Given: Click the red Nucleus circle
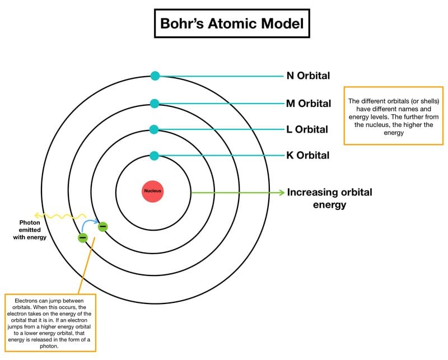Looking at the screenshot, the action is click(152, 191).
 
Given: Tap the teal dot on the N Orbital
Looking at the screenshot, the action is click(155, 76).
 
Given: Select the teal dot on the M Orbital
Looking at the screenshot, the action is click(155, 104).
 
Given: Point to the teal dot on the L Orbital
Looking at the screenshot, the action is click(154, 129).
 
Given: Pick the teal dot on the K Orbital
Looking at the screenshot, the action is click(154, 156).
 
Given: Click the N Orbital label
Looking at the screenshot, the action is click(308, 76).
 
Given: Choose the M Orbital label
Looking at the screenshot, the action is click(309, 104).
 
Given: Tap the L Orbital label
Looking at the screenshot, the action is click(307, 129).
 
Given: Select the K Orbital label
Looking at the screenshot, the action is click(307, 156).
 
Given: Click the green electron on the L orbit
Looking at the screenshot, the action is click(102, 227).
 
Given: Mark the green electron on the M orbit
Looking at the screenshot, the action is click(83, 237).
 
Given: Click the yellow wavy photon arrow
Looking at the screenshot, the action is click(60, 216).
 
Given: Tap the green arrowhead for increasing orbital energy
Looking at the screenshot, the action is click(282, 193).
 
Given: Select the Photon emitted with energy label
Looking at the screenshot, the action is click(30, 230).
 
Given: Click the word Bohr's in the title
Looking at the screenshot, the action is click(182, 24).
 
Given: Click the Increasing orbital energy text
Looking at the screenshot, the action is click(329, 198).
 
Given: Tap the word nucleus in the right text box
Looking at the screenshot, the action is click(376, 125).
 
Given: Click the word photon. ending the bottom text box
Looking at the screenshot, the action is click(49, 347).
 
